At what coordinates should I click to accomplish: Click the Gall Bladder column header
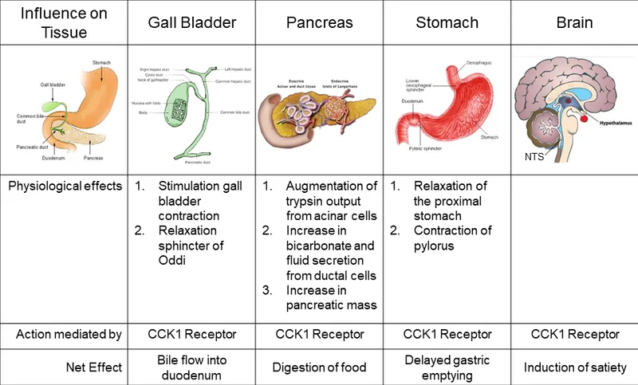tap(191, 22)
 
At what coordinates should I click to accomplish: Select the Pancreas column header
tap(319, 22)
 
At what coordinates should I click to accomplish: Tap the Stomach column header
tap(447, 22)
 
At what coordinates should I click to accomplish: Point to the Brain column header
tap(574, 22)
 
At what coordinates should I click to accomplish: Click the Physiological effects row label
tap(65, 187)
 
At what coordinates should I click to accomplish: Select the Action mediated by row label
tap(69, 334)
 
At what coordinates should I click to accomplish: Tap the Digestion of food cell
tap(319, 367)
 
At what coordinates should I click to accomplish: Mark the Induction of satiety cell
tap(574, 367)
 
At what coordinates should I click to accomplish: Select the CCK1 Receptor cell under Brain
tap(574, 334)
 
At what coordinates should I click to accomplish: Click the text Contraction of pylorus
tap(453, 239)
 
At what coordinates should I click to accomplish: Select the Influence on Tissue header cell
tap(64, 22)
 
